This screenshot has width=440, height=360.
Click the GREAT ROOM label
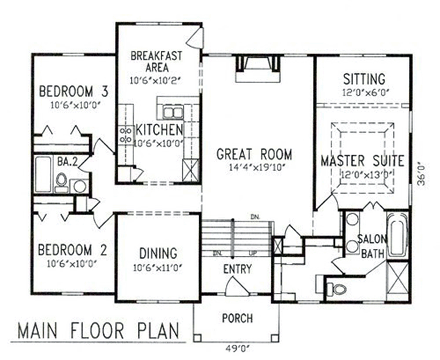pyautogui.click(x=253, y=155)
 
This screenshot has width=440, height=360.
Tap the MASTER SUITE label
pyautogui.click(x=362, y=160)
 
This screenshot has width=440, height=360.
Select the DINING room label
pyautogui.click(x=157, y=254)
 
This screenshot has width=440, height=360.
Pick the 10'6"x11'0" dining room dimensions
pyautogui.click(x=157, y=268)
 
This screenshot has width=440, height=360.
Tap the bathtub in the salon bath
pyautogui.click(x=396, y=238)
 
